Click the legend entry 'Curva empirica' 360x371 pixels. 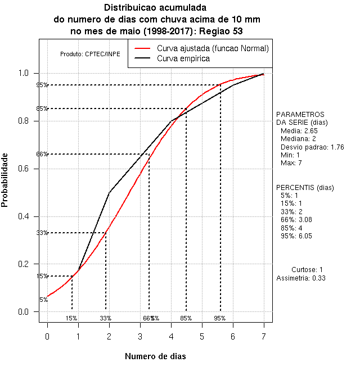coord(183,58)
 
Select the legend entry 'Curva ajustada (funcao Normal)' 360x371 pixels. coord(213,48)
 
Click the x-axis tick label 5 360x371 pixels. coord(202,336)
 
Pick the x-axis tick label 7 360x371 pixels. coord(264,336)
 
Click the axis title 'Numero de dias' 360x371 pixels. coord(155,356)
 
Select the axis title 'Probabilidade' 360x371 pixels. coord(5,179)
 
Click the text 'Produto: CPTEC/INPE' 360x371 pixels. coord(90,54)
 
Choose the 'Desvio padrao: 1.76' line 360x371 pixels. coord(312,147)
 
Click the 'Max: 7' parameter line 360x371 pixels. coord(291,163)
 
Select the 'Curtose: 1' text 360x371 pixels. coord(308,270)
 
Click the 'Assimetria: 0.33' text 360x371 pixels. coord(301,278)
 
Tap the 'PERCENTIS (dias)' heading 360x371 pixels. coord(304,187)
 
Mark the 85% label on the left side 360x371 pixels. coord(42,108)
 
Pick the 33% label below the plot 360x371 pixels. coord(106,318)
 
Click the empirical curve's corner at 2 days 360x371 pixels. coord(109,193)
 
